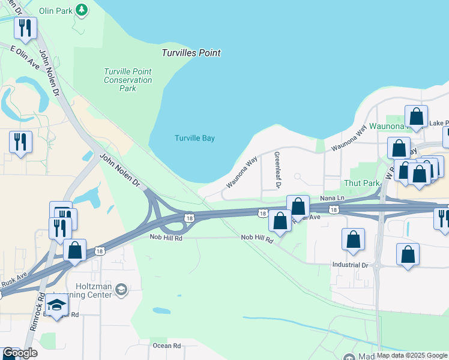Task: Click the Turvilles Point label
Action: click(191, 53)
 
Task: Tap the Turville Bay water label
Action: click(194, 138)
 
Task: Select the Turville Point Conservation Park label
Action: click(128, 80)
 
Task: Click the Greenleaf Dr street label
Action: click(278, 170)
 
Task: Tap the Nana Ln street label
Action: click(332, 197)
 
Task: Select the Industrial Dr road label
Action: click(351, 265)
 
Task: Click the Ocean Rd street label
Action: click(167, 346)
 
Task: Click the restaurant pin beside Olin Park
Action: click(25, 28)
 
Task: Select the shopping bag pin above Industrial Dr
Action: click(354, 239)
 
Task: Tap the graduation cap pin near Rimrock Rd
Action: click(56, 306)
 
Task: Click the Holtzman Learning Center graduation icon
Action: click(122, 290)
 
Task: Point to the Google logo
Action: click(20, 353)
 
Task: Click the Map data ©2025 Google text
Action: click(412, 355)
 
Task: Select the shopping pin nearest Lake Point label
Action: click(416, 116)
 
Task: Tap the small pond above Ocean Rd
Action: click(160, 311)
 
